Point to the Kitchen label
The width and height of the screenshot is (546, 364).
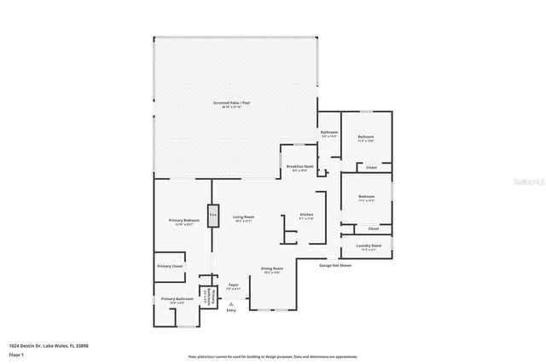(306, 216)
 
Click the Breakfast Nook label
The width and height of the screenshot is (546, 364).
(299, 168)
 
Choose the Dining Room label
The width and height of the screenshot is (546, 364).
(272, 270)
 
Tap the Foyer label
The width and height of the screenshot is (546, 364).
(234, 286)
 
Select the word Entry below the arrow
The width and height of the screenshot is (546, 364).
(231, 310)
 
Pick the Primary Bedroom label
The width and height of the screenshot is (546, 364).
(183, 222)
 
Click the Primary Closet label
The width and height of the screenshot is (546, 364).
(170, 267)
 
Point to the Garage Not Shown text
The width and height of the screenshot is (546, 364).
(335, 265)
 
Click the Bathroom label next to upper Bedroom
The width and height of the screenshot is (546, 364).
(329, 134)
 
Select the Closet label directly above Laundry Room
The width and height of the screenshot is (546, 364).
(373, 228)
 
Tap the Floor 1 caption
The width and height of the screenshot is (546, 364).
(16, 355)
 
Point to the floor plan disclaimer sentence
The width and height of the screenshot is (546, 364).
(273, 356)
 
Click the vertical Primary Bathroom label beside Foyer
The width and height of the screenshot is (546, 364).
(206, 294)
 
